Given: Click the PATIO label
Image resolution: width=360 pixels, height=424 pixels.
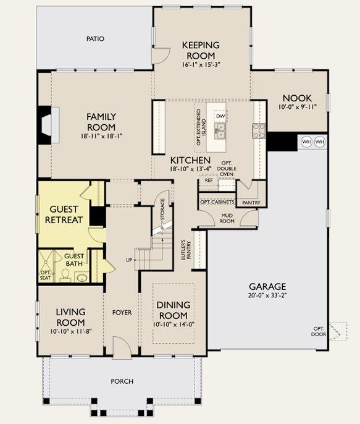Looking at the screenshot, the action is coord(95,39).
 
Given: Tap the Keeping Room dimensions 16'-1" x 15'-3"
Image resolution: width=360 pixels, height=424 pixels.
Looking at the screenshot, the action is coord(201,65).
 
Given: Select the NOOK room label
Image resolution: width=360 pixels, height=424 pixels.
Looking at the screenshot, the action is coord(297,98).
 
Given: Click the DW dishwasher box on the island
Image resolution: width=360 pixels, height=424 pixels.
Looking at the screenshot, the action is coord(220,116).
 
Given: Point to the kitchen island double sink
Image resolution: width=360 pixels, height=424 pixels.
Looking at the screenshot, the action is coord(220,130).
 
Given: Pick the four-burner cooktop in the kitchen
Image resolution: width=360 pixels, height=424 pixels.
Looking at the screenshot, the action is coord(259,131).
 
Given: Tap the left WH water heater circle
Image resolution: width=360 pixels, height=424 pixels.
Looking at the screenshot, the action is coord(306,142).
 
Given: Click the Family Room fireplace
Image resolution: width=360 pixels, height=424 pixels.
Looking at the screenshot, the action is coord(49,125).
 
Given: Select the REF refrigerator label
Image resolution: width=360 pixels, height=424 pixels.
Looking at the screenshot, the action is coord(209,180).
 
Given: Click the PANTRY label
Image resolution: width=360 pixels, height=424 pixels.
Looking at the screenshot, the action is coord(251,203).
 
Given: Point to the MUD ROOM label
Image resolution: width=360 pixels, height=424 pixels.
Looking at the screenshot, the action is coord(227,218).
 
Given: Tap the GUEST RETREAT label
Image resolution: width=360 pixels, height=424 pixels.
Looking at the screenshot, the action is coord(64,214).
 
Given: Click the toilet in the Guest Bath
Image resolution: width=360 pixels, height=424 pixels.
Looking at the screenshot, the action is coord(65,274).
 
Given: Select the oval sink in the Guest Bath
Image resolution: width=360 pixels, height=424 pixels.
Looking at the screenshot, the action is coord(82,278).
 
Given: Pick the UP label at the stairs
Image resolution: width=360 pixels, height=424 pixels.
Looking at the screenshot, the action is coord(129,260).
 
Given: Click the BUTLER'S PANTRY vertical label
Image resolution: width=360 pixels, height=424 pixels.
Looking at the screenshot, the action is coord(185,250).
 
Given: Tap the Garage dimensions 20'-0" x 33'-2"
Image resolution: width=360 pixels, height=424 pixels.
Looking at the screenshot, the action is coord(267,295).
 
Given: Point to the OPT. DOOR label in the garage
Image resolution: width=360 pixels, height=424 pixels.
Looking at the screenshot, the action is coord(319,331).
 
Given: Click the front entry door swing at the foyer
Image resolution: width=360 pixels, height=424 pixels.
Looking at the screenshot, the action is coord(122,348).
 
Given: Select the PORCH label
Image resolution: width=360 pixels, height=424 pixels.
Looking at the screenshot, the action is coord(122,381).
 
